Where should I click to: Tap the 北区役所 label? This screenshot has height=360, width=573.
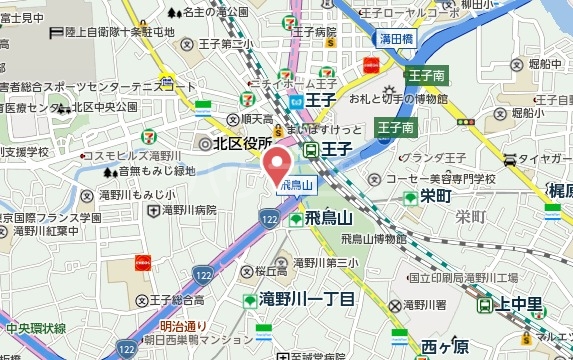(x=236, y=143)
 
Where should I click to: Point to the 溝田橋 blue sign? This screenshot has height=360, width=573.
(x=397, y=38)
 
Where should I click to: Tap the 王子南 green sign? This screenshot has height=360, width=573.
(x=426, y=76)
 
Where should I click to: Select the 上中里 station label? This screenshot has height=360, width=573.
(x=521, y=305)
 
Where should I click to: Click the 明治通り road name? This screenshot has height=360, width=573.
(x=183, y=326)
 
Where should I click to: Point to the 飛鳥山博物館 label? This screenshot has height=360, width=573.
(x=374, y=239)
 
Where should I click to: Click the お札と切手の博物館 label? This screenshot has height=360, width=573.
(x=398, y=99)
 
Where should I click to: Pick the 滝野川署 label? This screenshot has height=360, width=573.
(x=431, y=305)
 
